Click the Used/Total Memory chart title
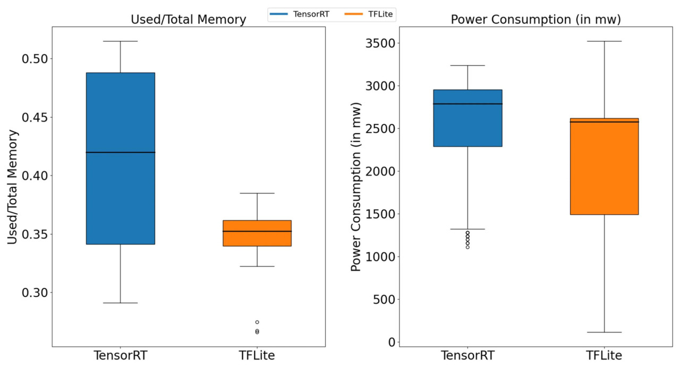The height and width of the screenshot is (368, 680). click(x=189, y=20)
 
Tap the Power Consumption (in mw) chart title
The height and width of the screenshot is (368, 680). click(x=536, y=20)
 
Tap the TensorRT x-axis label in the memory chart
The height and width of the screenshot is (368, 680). click(x=121, y=356)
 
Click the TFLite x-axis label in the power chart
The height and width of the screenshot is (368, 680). click(x=604, y=356)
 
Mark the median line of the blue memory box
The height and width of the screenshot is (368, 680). click(x=121, y=152)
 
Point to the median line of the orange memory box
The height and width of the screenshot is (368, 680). click(x=257, y=231)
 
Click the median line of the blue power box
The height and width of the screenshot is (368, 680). click(x=467, y=104)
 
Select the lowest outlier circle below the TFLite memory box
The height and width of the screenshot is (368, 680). click(x=257, y=332)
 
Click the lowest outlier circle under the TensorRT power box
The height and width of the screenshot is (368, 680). click(x=467, y=247)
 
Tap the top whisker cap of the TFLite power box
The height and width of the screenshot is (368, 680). click(x=604, y=41)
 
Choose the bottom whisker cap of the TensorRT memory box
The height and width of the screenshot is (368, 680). click(x=121, y=303)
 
